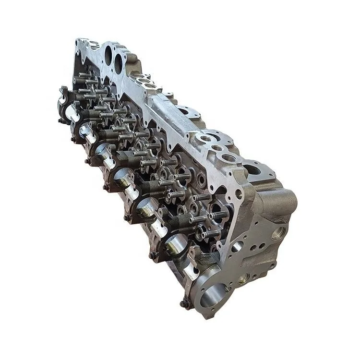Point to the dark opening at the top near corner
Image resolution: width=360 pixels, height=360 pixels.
coord(252,168)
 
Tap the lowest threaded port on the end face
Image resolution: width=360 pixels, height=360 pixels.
coord(245,277)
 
